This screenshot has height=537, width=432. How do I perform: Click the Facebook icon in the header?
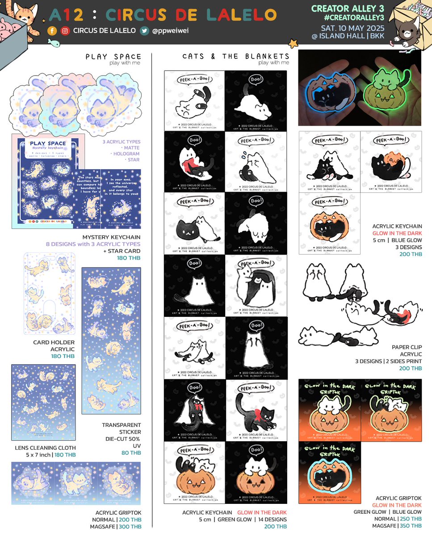click(x=53, y=31)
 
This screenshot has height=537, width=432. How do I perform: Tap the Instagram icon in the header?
click(x=65, y=31)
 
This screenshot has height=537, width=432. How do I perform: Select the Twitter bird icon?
click(x=144, y=31)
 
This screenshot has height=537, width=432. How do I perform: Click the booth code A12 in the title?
click(x=66, y=15)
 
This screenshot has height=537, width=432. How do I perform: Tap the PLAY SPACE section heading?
click(x=113, y=56)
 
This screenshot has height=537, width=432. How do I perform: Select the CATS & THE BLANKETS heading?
click(x=236, y=56)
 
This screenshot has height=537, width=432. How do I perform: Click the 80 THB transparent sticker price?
click(x=132, y=452)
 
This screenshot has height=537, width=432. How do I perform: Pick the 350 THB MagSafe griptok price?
click(x=411, y=526)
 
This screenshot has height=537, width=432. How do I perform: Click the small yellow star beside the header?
click(x=293, y=43)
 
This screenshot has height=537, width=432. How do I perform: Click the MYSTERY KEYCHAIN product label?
click(x=111, y=237)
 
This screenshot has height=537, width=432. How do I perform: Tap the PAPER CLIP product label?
click(x=407, y=347)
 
